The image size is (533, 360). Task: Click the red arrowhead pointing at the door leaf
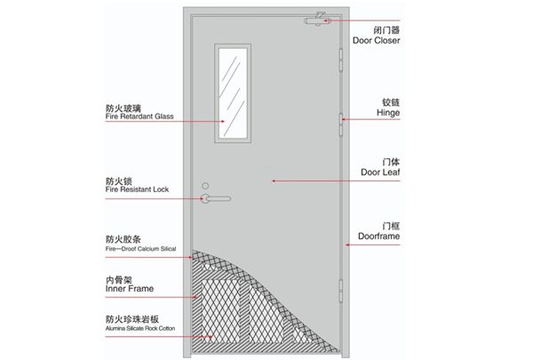274,181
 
